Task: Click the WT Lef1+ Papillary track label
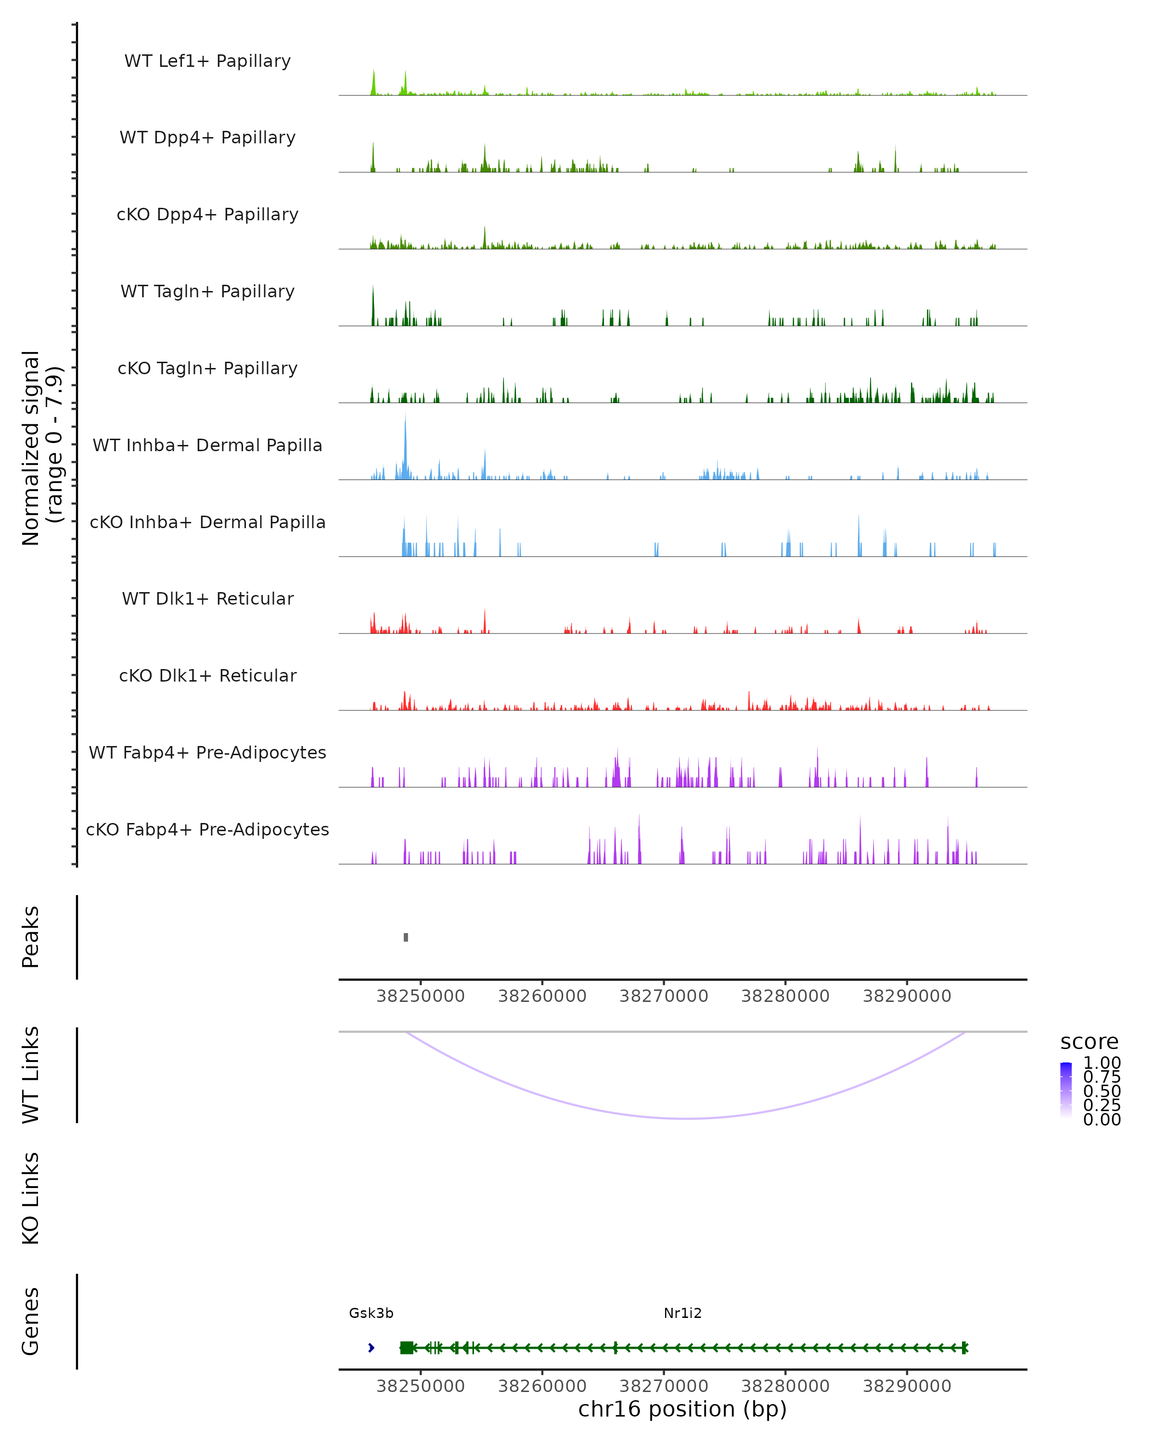click(x=207, y=61)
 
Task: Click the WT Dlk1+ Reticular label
click(x=207, y=598)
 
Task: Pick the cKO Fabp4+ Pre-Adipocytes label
click(x=207, y=829)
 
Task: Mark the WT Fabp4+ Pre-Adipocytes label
click(x=207, y=752)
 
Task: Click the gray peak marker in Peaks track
click(x=406, y=937)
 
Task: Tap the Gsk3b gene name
click(x=371, y=1313)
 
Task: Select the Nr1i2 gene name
click(x=682, y=1313)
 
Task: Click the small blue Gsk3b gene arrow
click(x=371, y=1347)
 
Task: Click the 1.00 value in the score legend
click(x=1102, y=1063)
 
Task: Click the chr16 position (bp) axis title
click(x=682, y=1409)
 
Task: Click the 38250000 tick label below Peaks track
click(x=421, y=996)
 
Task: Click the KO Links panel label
click(x=31, y=1198)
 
